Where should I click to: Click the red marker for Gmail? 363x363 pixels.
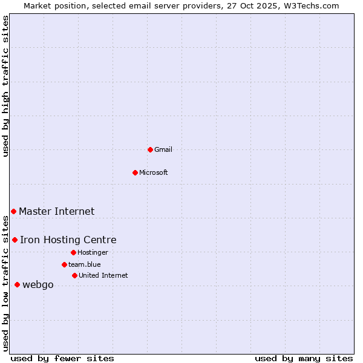coord(150,149)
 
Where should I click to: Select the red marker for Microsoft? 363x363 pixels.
coord(135,172)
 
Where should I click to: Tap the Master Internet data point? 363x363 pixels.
coord(13,211)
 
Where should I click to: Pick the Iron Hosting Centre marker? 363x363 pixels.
coord(15,240)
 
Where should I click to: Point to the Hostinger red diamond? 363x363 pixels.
coord(73,252)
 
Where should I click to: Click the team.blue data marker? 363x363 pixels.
coord(64,264)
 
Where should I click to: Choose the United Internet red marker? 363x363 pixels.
coord(74,275)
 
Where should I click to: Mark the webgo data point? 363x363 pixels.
coord(17,284)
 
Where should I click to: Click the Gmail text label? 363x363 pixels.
coord(163,149)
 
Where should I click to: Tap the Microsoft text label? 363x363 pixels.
coord(154,172)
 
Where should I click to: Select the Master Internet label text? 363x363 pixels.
coord(56,211)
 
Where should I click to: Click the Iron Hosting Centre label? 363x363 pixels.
coord(68,240)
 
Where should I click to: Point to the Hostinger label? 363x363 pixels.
coord(93,252)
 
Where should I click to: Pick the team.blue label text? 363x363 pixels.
coord(84,264)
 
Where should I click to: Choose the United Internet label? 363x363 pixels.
coord(103,275)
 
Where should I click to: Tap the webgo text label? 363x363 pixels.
coord(38,285)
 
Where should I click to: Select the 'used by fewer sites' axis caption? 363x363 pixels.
coord(62,358)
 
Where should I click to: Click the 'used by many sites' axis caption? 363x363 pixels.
coord(304,358)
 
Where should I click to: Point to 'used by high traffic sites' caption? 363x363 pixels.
coord(5,86)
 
